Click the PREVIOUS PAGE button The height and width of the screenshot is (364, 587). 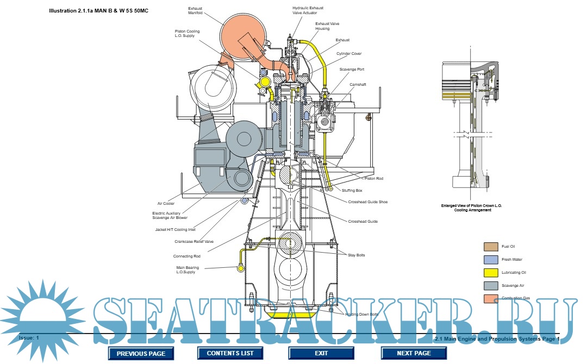(141, 353)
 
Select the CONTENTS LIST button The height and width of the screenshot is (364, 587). (230, 353)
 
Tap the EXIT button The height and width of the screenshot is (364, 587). (321, 353)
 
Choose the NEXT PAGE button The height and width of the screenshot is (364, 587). (414, 353)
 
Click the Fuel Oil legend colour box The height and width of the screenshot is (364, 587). (490, 247)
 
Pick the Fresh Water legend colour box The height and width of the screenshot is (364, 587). (490, 260)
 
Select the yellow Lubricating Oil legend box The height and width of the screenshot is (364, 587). (490, 273)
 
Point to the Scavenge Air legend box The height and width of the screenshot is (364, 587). (490, 286)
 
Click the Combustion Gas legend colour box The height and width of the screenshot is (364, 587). (490, 298)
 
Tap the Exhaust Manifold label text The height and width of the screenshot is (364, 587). (195, 11)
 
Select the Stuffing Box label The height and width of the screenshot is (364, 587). (352, 191)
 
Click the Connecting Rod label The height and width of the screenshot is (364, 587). (187, 256)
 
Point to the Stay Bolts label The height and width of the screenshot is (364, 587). (357, 255)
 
